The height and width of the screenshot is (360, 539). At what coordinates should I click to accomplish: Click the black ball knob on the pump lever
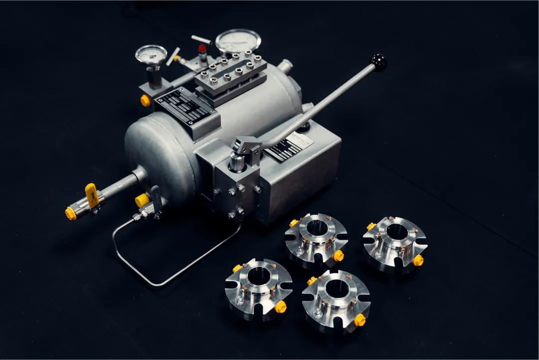click(378, 62)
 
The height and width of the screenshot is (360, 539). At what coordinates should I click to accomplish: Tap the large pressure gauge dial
click(238, 41)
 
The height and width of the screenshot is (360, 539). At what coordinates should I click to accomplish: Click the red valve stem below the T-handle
click(202, 49)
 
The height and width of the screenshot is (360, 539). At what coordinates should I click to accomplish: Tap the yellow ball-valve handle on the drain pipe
click(91, 194)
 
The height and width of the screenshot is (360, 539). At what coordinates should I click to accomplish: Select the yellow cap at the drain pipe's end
click(70, 213)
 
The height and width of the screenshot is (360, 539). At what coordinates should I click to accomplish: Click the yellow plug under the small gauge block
click(145, 101)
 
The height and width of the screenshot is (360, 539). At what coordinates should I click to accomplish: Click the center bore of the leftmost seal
click(257, 275)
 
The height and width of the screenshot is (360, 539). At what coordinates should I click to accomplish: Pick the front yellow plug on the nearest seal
click(359, 320)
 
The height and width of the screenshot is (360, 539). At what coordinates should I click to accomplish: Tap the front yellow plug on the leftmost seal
click(280, 307)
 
